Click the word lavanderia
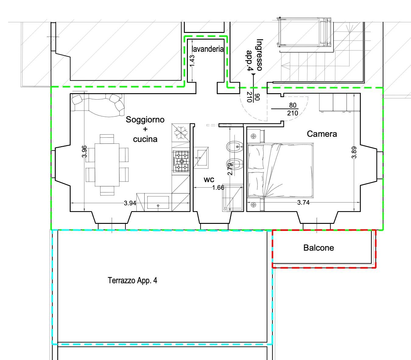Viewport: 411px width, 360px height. pos(208,49)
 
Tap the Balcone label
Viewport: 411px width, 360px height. pos(318,248)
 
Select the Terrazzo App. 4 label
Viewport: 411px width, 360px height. pos(132,280)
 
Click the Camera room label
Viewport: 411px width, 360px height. pos(322,134)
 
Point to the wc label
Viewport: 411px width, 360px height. pos(209,179)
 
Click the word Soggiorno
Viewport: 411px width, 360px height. pos(145,119)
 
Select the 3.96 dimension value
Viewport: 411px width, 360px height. pos(85,151)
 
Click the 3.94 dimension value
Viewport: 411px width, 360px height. pos(130,203)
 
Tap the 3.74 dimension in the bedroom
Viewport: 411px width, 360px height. pos(303,202)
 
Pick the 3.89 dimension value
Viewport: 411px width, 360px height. pos(354,152)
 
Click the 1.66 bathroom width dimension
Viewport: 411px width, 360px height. pos(218,188)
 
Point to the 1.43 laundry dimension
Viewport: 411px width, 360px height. pos(192,61)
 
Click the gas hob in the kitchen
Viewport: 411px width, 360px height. pos(181,161)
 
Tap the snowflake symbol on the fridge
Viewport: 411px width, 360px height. pos(181,133)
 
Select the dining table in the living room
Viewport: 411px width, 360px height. pos(107,165)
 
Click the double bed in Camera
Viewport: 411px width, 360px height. pos(280,170)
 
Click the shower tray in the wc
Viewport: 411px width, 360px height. pos(233,198)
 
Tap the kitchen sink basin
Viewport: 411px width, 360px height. pos(158,202)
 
